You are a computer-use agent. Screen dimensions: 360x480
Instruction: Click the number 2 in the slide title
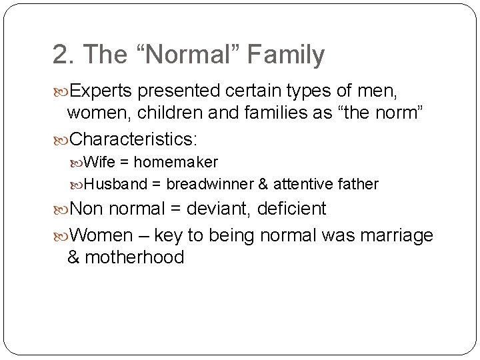61,55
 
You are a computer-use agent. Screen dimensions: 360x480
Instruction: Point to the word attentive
304,184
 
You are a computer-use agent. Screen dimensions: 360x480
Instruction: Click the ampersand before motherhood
73,257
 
